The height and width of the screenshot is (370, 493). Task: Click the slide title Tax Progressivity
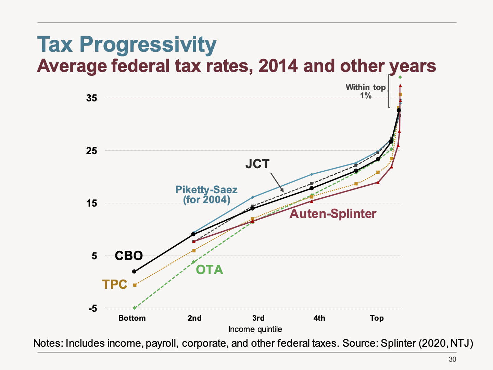click(127, 45)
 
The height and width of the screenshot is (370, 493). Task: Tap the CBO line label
click(129, 256)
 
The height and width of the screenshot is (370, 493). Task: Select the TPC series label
click(115, 284)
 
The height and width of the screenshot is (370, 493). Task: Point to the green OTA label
click(209, 270)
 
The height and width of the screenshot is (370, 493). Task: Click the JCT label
click(257, 164)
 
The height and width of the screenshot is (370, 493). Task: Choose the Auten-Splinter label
click(333, 214)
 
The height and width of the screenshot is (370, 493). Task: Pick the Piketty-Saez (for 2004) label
click(206, 194)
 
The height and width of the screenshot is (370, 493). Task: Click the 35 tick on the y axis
click(92, 98)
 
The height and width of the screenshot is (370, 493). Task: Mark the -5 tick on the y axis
click(92, 309)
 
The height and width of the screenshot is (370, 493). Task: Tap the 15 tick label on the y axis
click(92, 203)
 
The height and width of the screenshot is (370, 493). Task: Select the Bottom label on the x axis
click(132, 318)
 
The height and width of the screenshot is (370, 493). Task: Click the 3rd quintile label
click(258, 318)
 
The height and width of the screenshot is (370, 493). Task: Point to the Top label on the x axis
click(377, 318)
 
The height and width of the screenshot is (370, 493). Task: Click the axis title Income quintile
click(255, 330)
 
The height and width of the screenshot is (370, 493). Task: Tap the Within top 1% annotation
click(366, 91)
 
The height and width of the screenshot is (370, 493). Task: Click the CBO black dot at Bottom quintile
click(134, 271)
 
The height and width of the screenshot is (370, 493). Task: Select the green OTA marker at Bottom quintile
click(135, 308)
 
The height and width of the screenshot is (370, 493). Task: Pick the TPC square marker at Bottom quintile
click(135, 285)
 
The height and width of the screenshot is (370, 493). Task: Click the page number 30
click(452, 359)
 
